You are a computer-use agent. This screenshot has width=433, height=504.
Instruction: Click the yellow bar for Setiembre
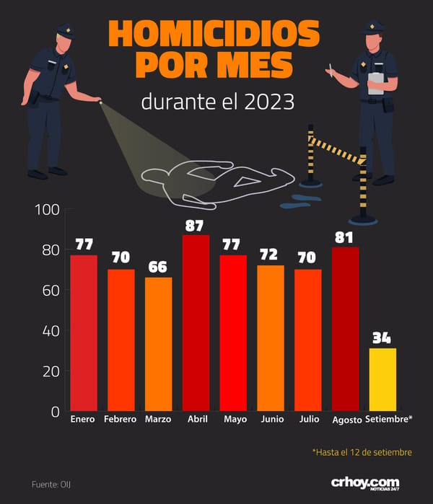click(382, 379)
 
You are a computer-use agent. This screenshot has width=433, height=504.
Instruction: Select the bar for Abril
click(196, 323)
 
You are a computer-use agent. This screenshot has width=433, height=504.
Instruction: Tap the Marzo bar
click(158, 344)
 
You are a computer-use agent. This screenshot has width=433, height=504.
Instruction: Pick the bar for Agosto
click(345, 329)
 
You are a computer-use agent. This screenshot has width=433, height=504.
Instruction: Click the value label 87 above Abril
click(194, 226)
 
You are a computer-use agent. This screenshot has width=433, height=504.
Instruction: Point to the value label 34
click(382, 338)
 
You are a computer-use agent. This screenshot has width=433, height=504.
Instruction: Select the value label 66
click(157, 267)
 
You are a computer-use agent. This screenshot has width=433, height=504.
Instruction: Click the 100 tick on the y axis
click(48, 210)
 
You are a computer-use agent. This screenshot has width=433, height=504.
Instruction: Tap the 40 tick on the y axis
click(51, 331)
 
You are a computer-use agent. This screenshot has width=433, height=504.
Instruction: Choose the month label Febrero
click(121, 419)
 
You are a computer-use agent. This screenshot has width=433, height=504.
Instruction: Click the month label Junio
click(272, 419)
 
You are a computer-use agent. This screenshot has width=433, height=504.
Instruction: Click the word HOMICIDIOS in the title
click(214, 34)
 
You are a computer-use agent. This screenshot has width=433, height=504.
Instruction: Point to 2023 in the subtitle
click(269, 102)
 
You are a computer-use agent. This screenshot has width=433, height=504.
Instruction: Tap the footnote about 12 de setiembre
click(362, 452)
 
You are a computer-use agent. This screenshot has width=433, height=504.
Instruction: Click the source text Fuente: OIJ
click(51, 485)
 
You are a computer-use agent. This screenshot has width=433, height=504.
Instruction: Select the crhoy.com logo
click(365, 484)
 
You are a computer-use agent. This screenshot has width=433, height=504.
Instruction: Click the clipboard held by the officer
click(376, 83)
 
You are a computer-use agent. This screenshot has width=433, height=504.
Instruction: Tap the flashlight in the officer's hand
click(100, 102)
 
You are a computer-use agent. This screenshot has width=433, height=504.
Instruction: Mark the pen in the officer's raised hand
click(331, 70)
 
